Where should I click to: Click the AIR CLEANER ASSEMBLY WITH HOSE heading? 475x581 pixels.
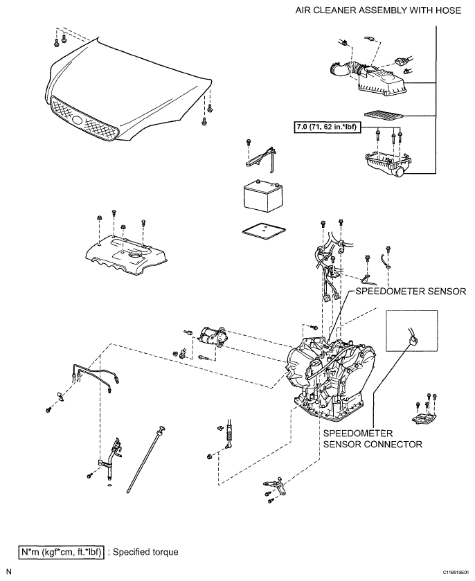pos(377,11)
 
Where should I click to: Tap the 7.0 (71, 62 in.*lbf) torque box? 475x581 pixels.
pos(322,128)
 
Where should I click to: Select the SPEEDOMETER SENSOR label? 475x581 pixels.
pos(410,292)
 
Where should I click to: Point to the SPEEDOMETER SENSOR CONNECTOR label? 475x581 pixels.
pos(373,438)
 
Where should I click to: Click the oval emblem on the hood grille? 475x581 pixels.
pos(77,118)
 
